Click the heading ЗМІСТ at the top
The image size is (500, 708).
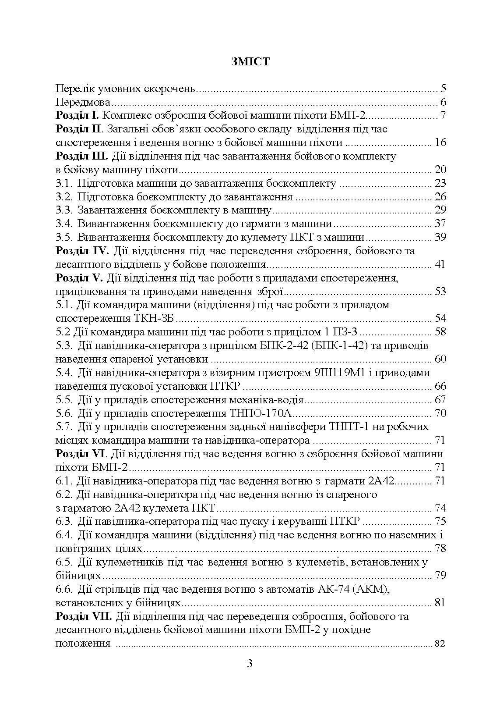coord(250,62)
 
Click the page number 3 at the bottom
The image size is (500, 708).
coord(250,663)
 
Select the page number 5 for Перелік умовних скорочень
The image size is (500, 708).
coord(443,89)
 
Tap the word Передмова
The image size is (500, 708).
coord(83,103)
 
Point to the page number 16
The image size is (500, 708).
coord(440,143)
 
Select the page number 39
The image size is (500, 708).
coord(440,237)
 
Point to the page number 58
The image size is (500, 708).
coord(440,331)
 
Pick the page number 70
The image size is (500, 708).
coord(440,413)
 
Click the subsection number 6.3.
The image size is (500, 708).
coord(64,521)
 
